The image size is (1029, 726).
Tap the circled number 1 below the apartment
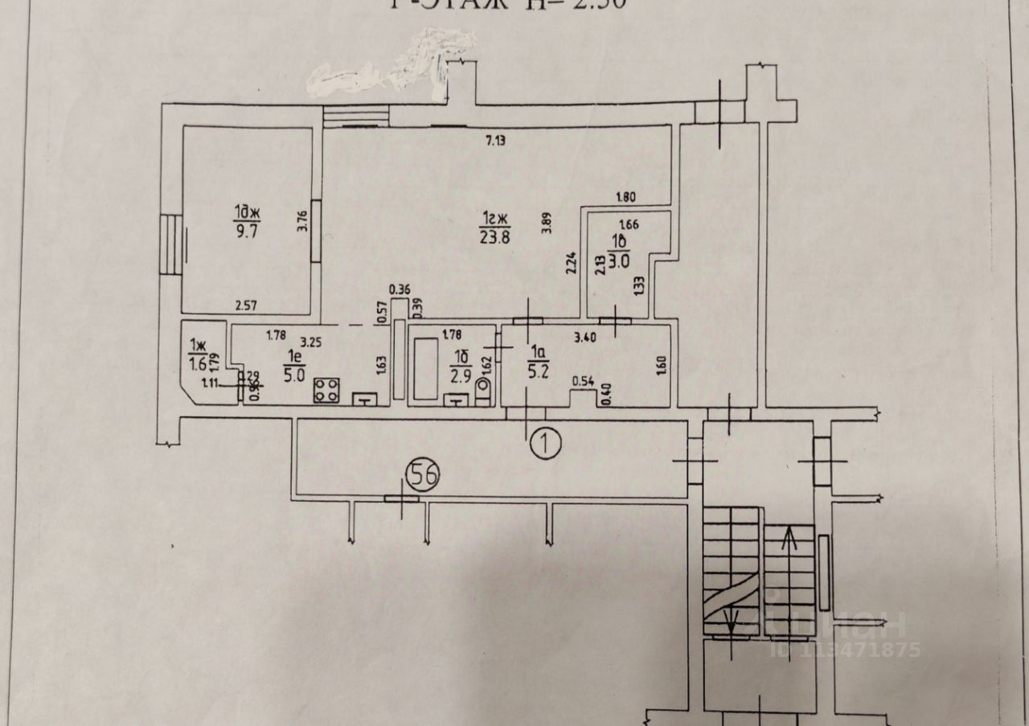pyautogui.click(x=546, y=440)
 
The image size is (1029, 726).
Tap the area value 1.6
pyautogui.click(x=196, y=363)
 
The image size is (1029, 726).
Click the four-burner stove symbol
pyautogui.click(x=326, y=392)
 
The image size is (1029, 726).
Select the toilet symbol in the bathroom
pyautogui.click(x=483, y=392)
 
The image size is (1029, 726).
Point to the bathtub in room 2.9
pyautogui.click(x=426, y=367)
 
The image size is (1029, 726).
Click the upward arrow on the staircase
pyautogui.click(x=793, y=537)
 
